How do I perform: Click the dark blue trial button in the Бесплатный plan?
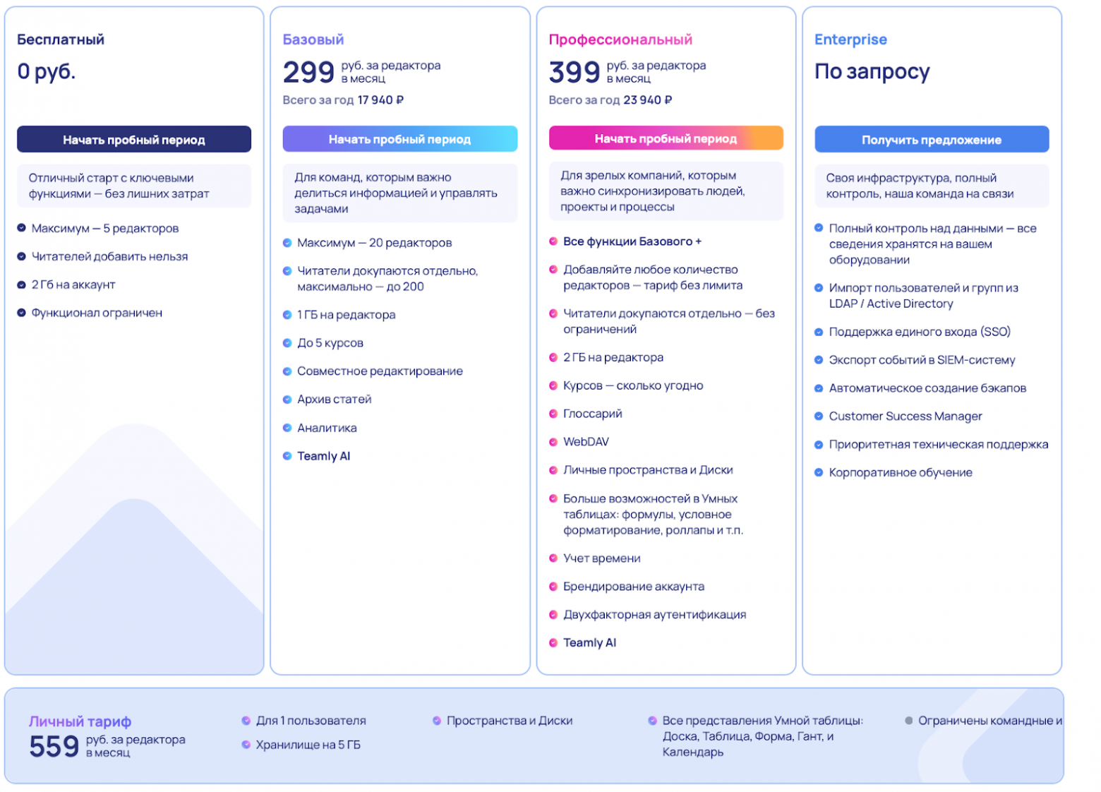(x=134, y=140)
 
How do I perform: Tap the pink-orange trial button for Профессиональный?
(x=666, y=138)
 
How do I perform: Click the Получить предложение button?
(x=932, y=140)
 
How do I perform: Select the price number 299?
(x=308, y=72)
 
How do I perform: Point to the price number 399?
(x=574, y=72)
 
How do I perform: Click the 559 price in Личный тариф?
(x=54, y=746)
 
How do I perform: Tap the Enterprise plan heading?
(x=850, y=40)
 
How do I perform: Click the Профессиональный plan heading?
(x=620, y=40)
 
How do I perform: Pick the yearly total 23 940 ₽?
(x=647, y=100)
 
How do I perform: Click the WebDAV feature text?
(x=586, y=442)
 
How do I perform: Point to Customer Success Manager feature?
(x=906, y=416)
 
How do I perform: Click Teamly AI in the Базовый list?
(x=323, y=456)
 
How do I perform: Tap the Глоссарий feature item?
(x=592, y=414)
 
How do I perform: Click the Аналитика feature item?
(x=327, y=428)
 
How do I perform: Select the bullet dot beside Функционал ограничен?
(x=21, y=313)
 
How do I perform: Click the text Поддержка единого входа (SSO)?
(x=920, y=332)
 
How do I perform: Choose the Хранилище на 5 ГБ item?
(x=308, y=745)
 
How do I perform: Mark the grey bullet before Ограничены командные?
(x=909, y=721)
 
